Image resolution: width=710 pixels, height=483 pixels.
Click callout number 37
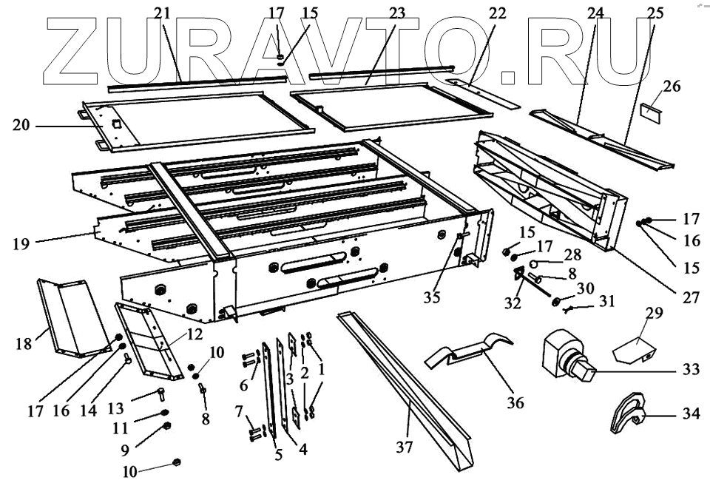(x=405, y=447)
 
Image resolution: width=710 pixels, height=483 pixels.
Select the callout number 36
(x=515, y=403)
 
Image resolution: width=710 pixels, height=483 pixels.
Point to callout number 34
(x=691, y=414)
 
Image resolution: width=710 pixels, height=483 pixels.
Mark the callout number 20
(x=21, y=126)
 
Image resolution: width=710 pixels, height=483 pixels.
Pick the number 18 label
(x=23, y=344)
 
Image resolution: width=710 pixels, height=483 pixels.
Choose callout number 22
(x=518, y=14)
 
